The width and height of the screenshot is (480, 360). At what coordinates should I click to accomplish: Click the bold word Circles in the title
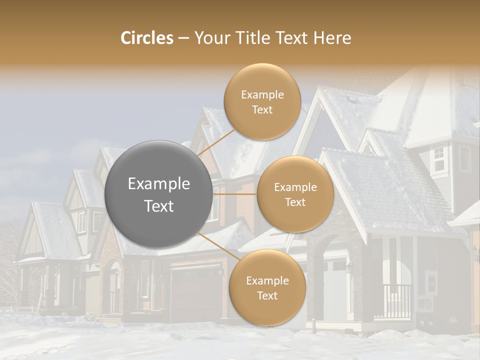[x=146, y=38]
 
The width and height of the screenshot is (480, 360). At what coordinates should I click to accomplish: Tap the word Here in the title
[x=331, y=38]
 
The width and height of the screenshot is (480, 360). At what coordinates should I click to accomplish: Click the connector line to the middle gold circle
[x=235, y=194]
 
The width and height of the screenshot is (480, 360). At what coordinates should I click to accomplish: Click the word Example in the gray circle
[x=158, y=184]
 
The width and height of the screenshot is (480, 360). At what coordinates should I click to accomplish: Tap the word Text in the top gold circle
[x=262, y=110]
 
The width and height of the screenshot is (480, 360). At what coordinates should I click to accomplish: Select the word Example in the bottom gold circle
[x=267, y=280]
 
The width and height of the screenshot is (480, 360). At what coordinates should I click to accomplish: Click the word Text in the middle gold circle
[x=295, y=202]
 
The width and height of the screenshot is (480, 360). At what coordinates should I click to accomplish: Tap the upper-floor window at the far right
[x=438, y=159]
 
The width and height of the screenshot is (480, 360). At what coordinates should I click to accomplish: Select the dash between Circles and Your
[x=183, y=38]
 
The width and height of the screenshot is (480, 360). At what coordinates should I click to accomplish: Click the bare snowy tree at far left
[x=9, y=265]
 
